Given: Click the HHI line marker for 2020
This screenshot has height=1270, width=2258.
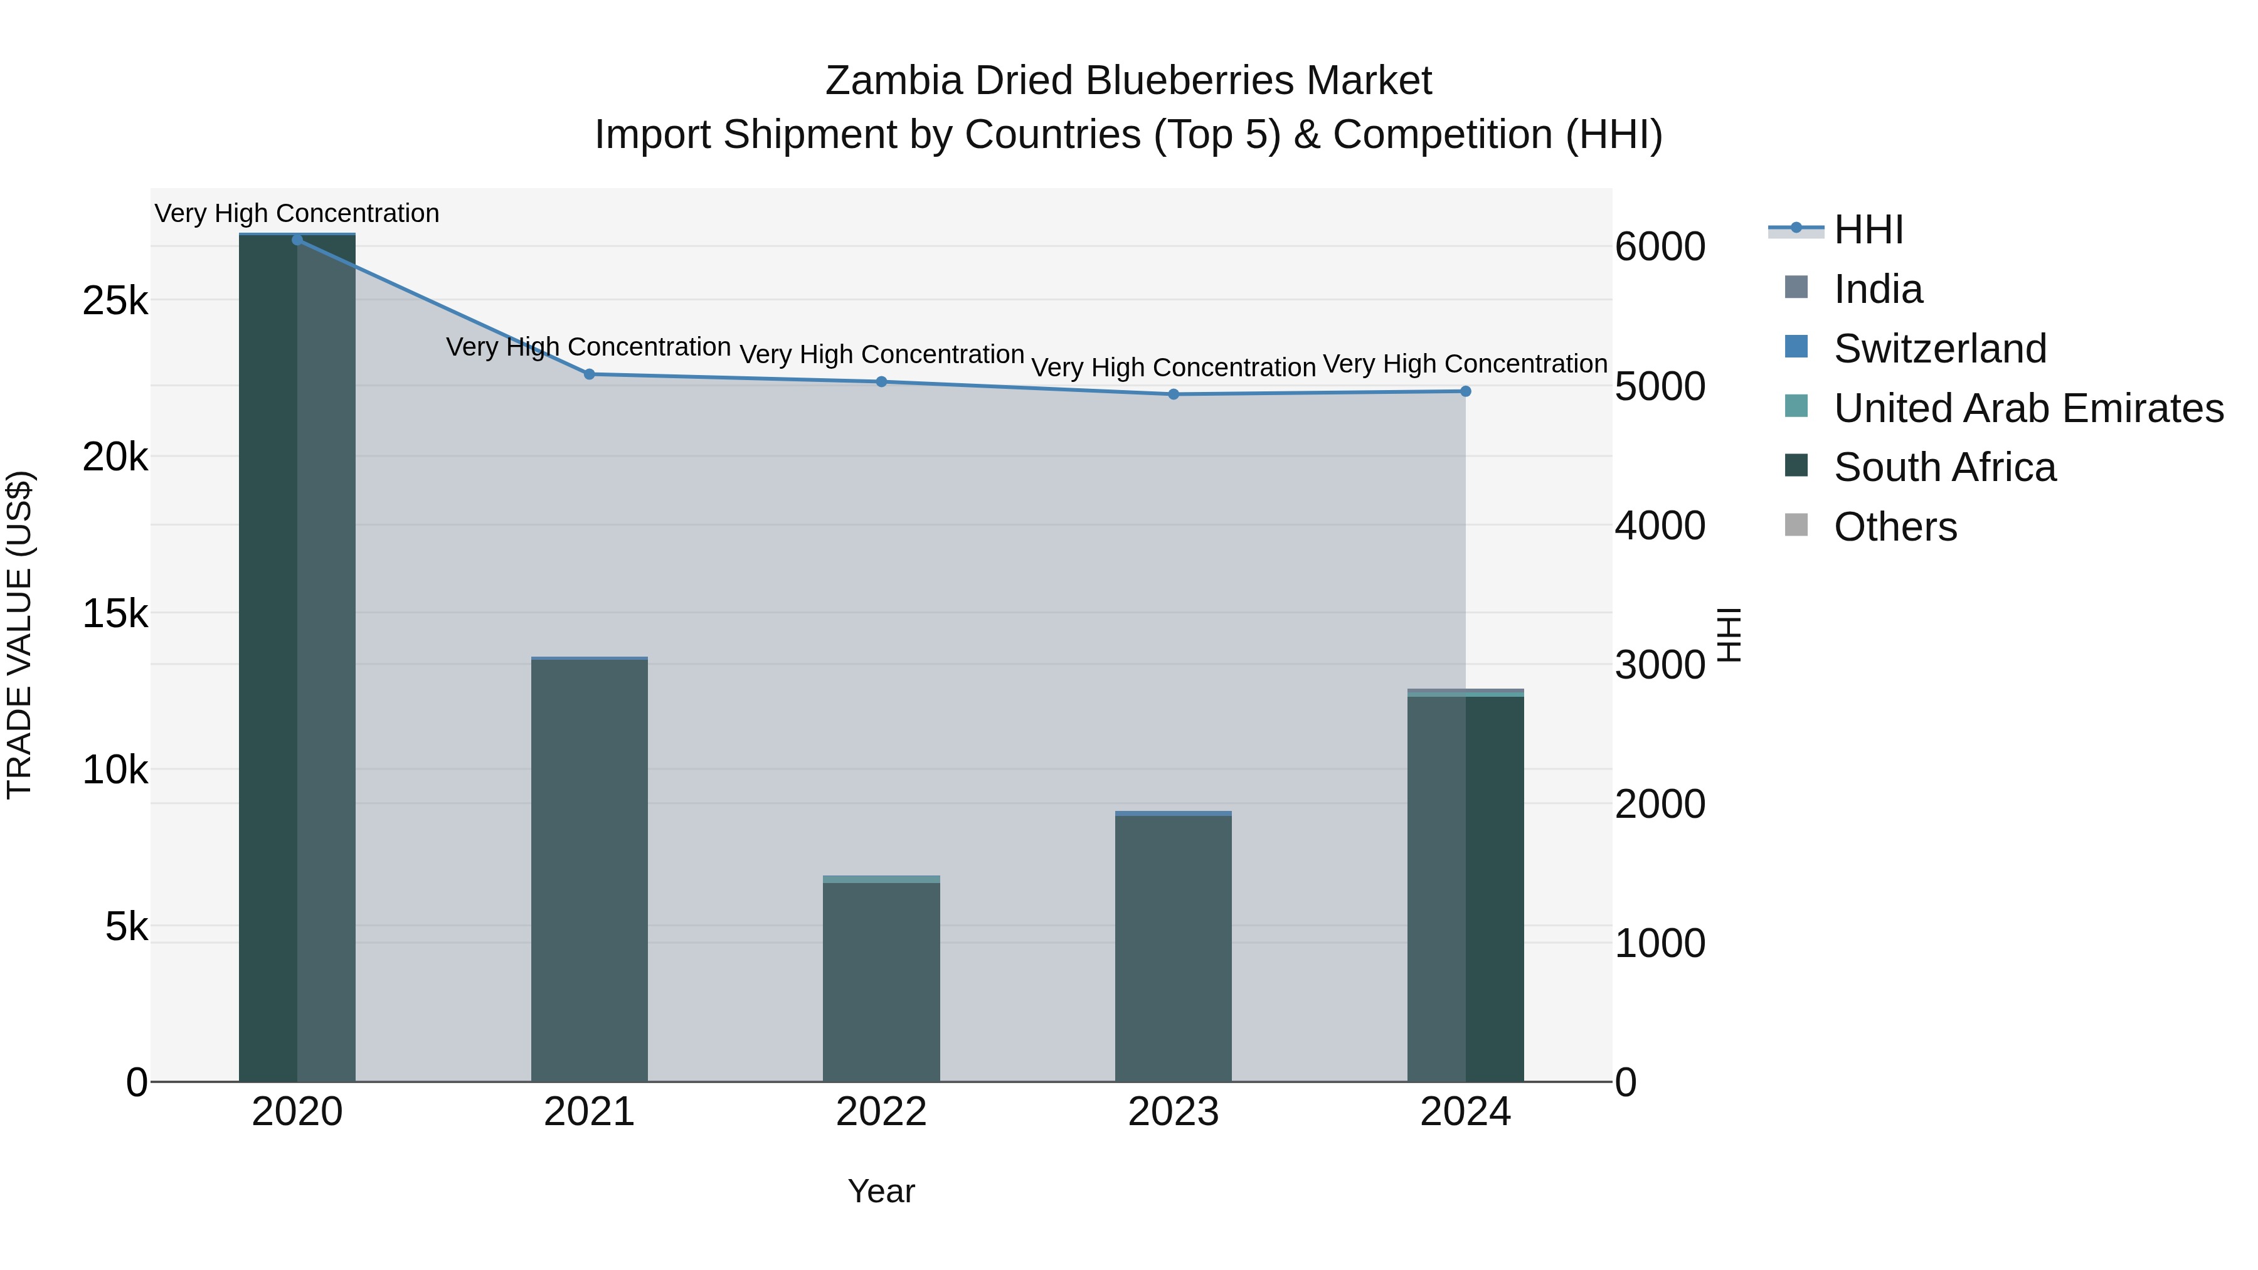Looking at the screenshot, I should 297,240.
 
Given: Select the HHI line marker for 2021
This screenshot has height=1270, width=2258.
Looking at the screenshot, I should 589,374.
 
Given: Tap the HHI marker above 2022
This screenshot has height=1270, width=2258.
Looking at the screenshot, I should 882,381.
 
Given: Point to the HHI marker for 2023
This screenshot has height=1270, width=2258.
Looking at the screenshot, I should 1174,394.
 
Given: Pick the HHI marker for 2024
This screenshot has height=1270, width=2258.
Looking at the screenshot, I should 1466,391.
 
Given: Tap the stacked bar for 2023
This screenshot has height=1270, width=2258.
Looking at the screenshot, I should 1174,946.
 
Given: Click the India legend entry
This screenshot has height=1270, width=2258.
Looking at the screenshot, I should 1877,289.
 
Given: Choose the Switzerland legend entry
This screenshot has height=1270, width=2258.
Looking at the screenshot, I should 1939,349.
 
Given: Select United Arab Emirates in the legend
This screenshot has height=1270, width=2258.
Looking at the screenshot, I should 2027,408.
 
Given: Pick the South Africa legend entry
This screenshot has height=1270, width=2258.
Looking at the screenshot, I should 1944,467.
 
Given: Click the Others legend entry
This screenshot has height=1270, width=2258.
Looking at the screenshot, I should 1895,527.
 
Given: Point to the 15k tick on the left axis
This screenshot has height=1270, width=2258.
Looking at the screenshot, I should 115,613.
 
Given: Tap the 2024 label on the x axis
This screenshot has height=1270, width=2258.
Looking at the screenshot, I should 1466,1112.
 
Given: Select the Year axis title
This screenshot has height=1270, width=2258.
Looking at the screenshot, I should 881,1191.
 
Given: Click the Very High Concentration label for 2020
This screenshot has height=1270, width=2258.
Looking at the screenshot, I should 297,213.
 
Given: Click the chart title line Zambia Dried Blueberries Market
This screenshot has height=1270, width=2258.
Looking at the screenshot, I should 1128,81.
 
